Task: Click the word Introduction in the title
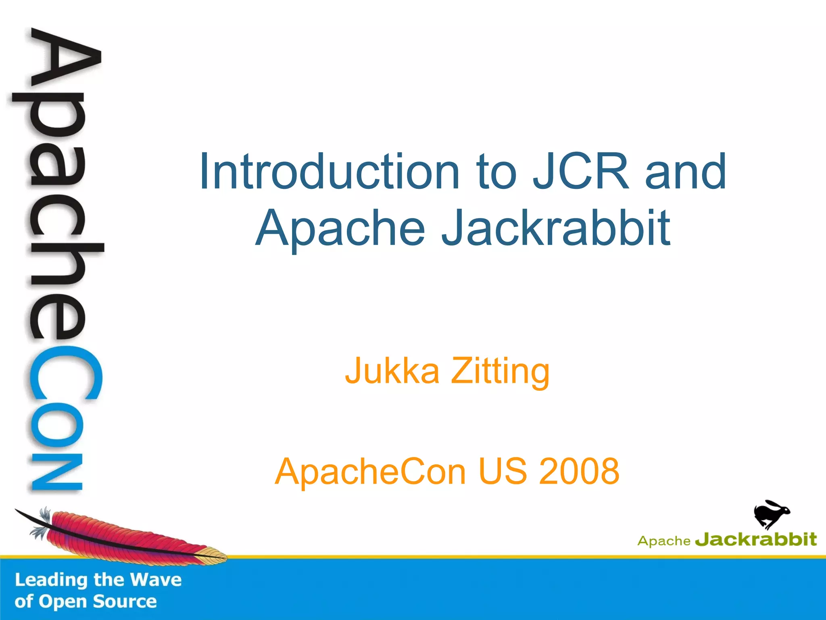point(329,171)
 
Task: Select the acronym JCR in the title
point(581,171)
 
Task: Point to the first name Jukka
point(392,371)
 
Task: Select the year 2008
point(579,471)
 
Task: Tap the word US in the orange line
point(503,471)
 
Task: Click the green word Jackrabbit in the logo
point(756,540)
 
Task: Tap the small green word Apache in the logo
point(664,541)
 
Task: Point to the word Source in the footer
point(125,601)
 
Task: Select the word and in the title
point(686,171)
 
